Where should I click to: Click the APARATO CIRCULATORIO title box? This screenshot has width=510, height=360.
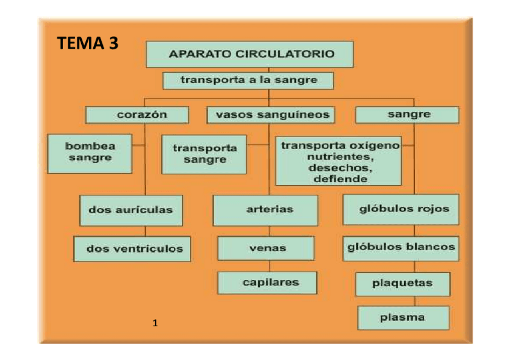point(250,54)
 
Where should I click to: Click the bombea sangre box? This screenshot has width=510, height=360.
point(90,153)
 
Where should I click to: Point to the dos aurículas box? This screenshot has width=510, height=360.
point(130,210)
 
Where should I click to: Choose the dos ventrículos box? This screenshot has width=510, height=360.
point(133,248)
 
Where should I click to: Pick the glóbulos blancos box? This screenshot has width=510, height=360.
point(401,248)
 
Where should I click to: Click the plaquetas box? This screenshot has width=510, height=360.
point(402,283)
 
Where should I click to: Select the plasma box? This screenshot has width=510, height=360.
point(402,317)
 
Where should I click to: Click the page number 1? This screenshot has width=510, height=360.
point(155,324)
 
